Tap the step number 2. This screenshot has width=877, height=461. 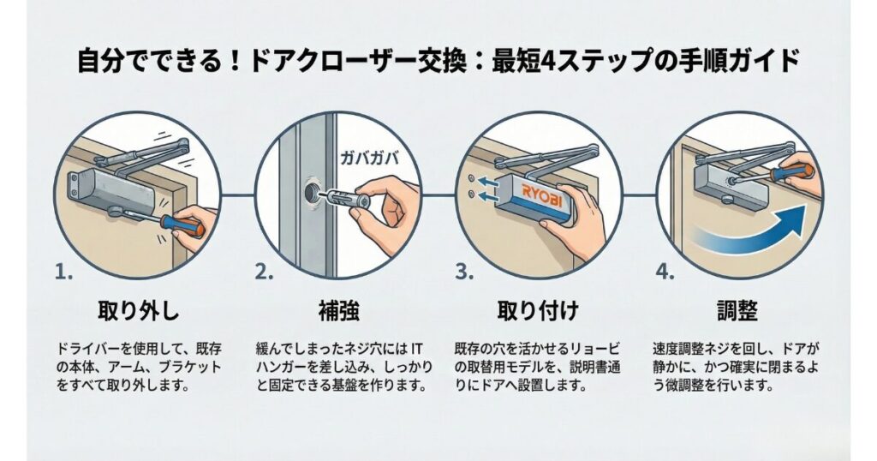261,273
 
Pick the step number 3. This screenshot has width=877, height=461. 463,273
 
